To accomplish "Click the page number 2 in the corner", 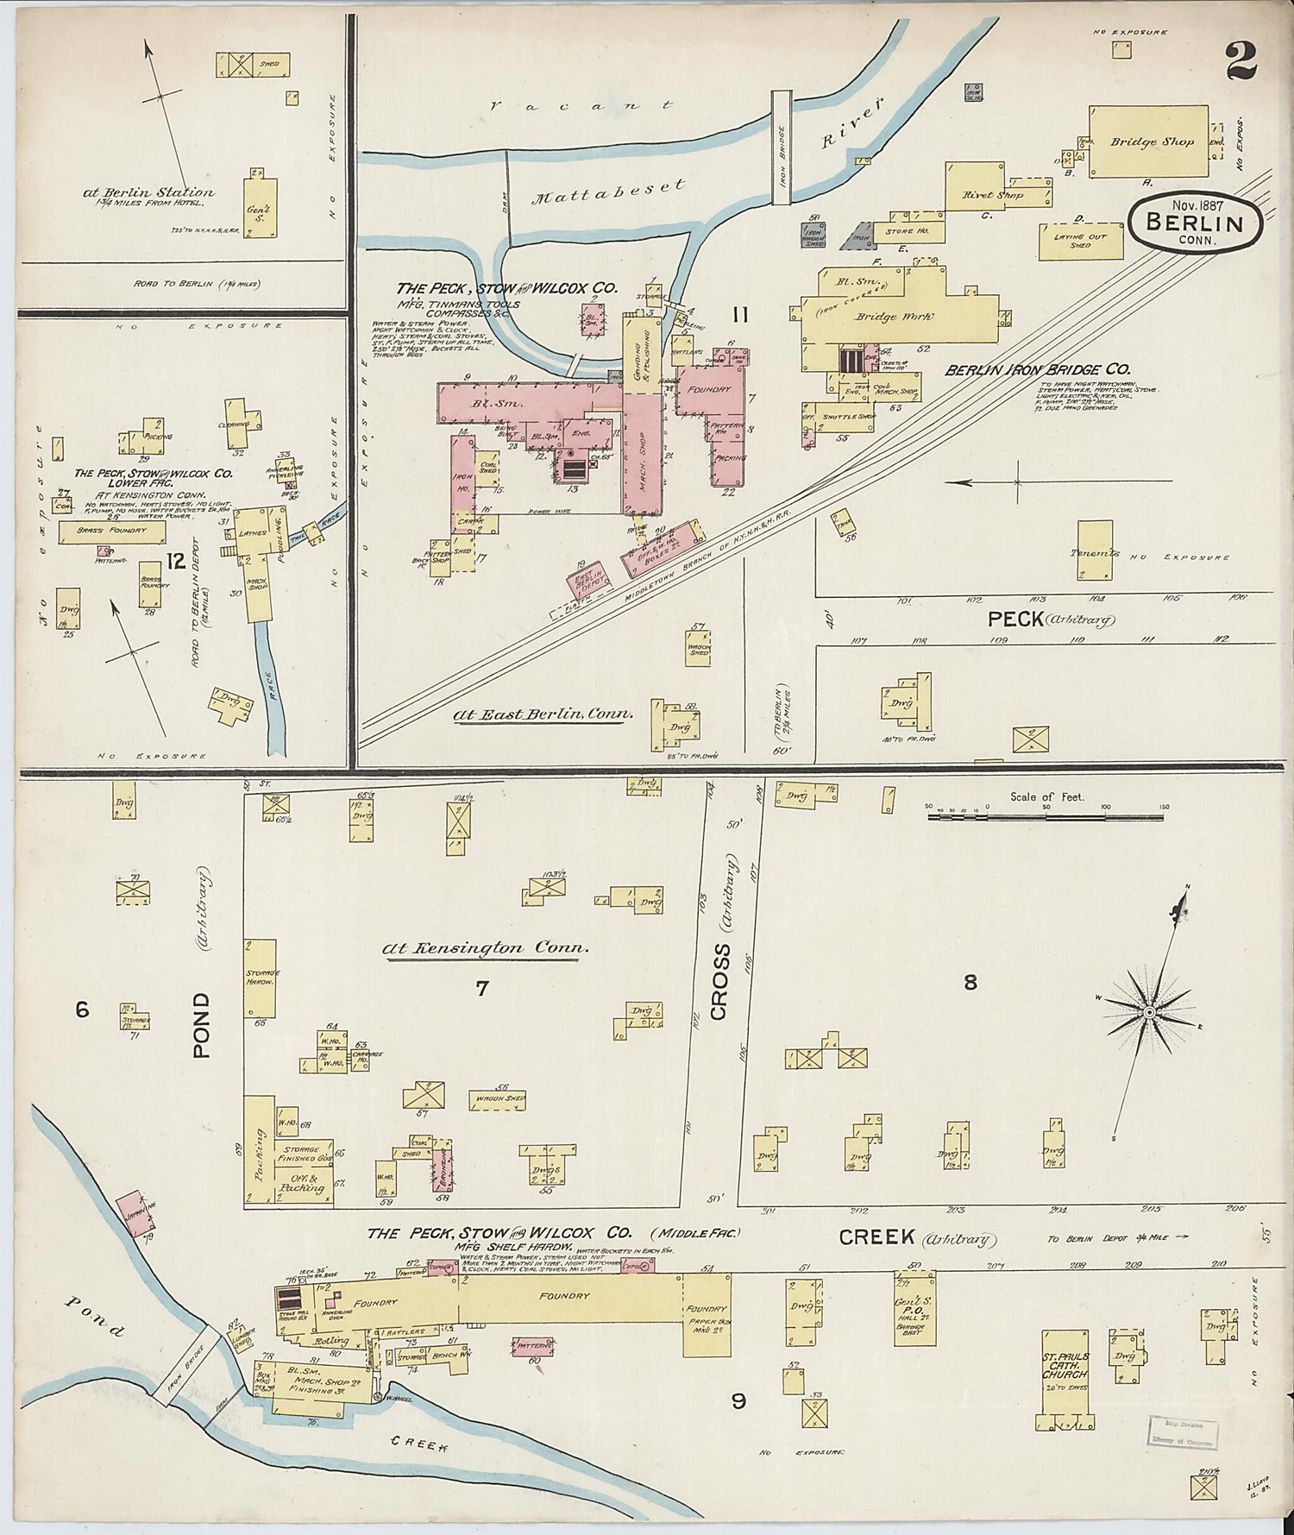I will point(1241,60).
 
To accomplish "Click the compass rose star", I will point(1149,1010).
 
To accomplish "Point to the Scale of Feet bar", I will point(1046,814).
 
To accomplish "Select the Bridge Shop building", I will point(1148,142).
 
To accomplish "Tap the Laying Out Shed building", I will point(1080,241).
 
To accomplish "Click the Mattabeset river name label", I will point(609,191).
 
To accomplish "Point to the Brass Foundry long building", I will point(111,532).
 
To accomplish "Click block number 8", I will point(970,982).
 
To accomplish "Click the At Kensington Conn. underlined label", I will point(487,948).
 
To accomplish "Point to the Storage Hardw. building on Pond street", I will point(260,978).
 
